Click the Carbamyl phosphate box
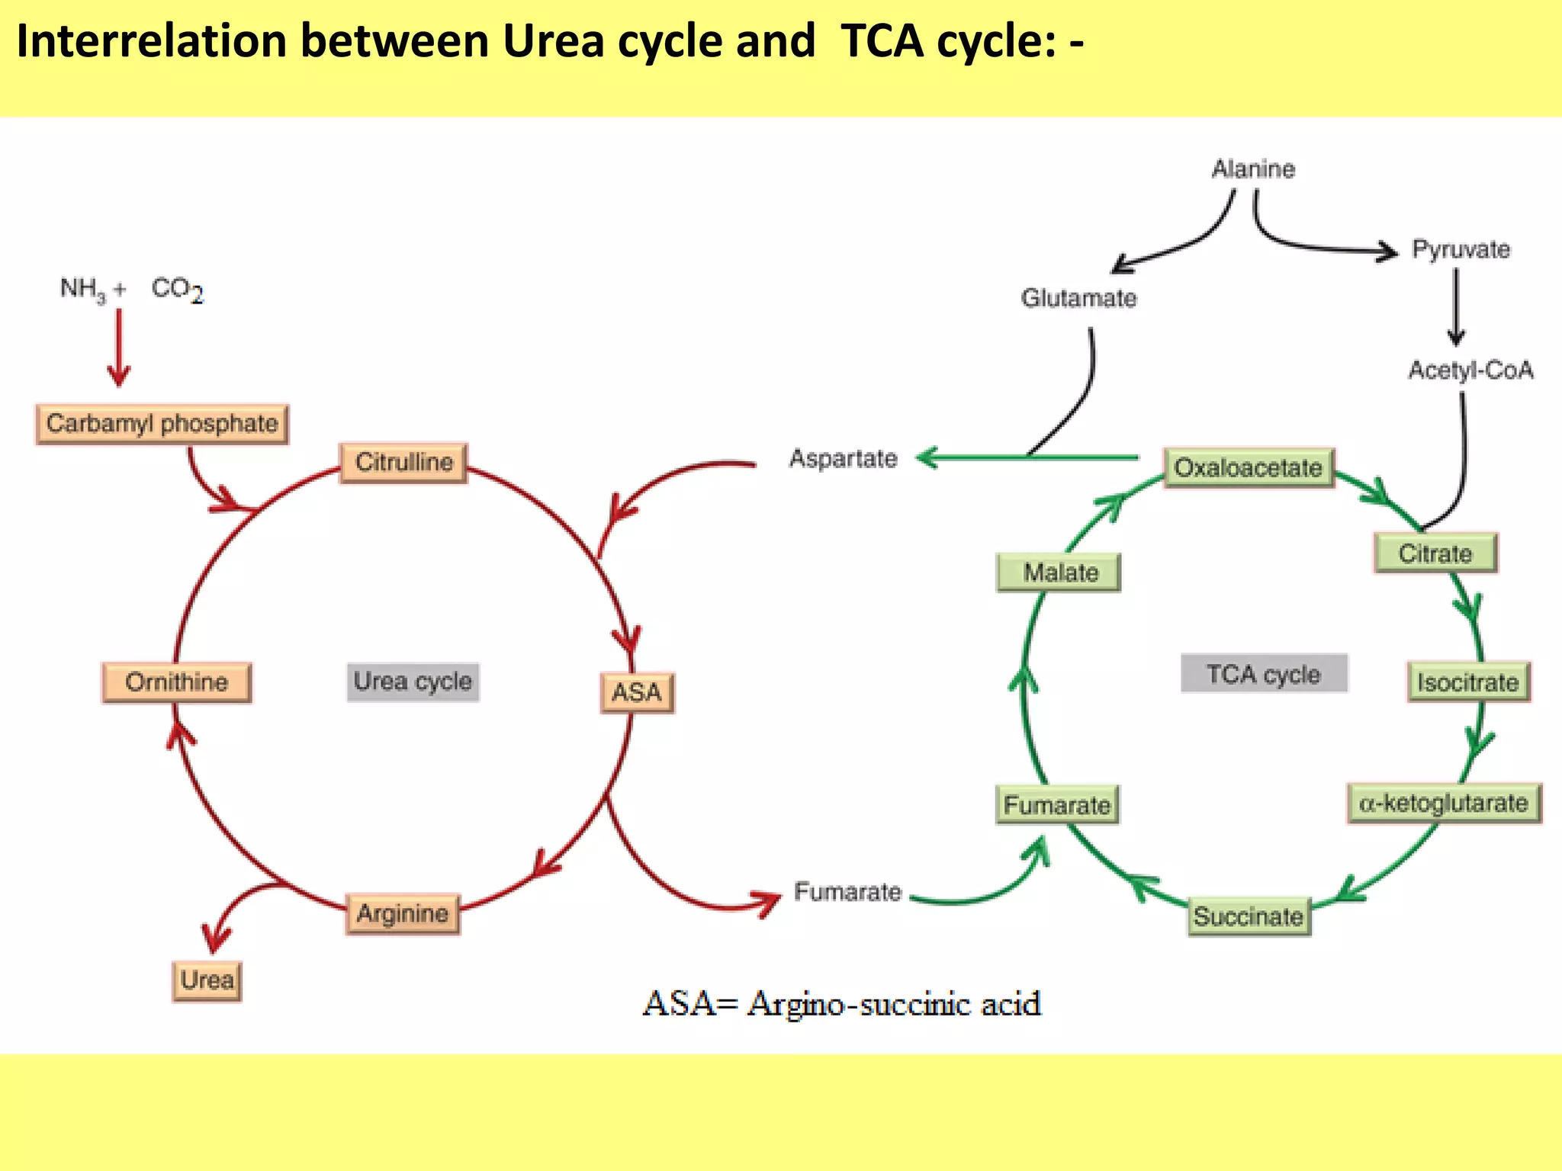pyautogui.click(x=162, y=424)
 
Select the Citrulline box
pyautogui.click(x=403, y=463)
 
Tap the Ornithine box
pyautogui.click(x=176, y=682)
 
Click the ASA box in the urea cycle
pyautogui.click(x=637, y=692)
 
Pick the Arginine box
pyautogui.click(x=403, y=913)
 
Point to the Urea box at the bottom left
pyautogui.click(x=207, y=980)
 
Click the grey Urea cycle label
pyautogui.click(x=413, y=682)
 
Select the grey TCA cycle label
pyautogui.click(x=1264, y=674)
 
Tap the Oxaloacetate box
pyautogui.click(x=1249, y=467)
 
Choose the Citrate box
pyautogui.click(x=1435, y=553)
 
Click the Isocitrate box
pyautogui.click(x=1468, y=682)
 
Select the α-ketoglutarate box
pyautogui.click(x=1444, y=804)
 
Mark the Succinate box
pyautogui.click(x=1249, y=916)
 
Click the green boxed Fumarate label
pyautogui.click(x=1057, y=805)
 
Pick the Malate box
pyautogui.click(x=1059, y=573)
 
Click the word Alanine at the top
pyautogui.click(x=1253, y=168)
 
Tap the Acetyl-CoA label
pyautogui.click(x=1470, y=371)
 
